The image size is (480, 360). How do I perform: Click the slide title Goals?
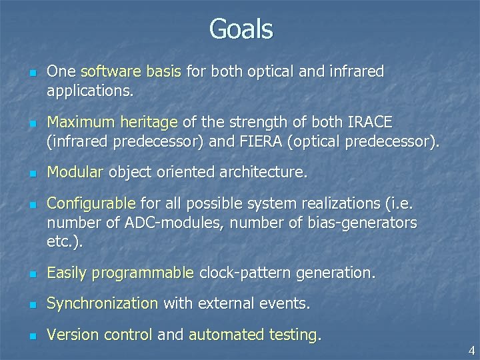[240, 30]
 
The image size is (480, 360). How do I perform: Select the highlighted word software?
[107, 72]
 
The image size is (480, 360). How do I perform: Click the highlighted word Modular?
[75, 173]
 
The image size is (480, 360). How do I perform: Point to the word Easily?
[67, 273]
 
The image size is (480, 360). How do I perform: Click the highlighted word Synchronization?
[102, 304]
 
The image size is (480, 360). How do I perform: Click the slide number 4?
[471, 351]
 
